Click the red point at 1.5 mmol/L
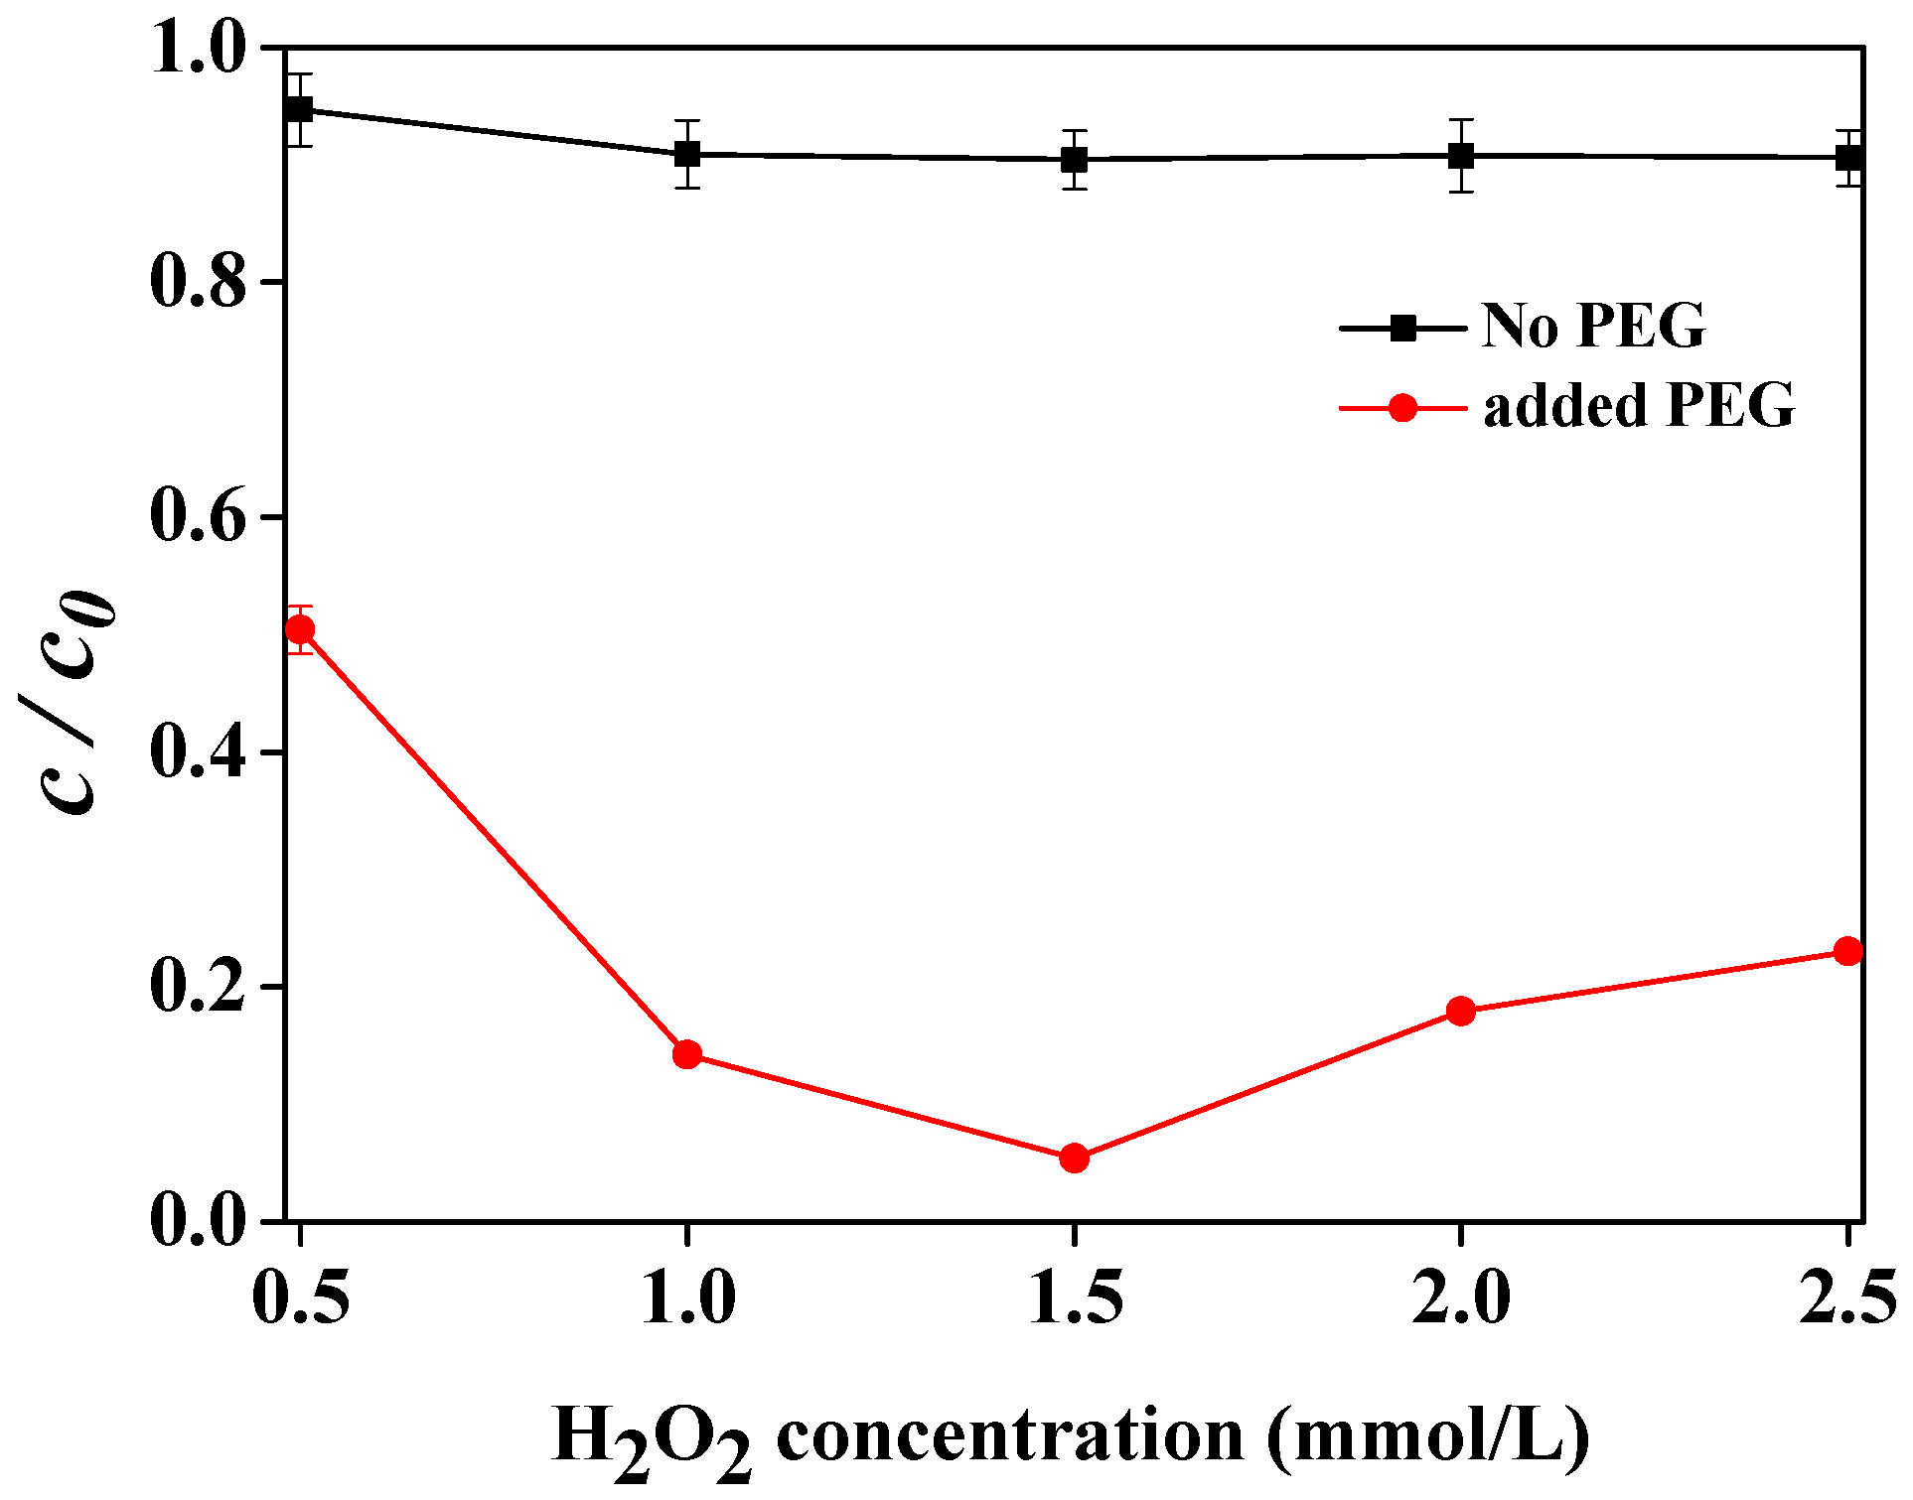coord(1074,1158)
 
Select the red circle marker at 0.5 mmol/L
coord(300,629)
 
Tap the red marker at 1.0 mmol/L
coord(687,1054)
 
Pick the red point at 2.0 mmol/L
coord(1460,1012)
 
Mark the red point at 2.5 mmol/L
coord(1847,951)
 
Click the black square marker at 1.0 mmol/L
coord(687,154)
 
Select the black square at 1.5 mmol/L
coord(1074,159)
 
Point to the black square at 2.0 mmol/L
coord(1460,155)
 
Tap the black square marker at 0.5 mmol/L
coord(300,109)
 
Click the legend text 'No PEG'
coord(1593,326)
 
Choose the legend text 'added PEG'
coord(1639,406)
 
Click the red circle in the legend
coord(1402,407)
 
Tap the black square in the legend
coord(1402,327)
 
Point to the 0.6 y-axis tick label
coord(198,517)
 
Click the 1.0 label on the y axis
coord(198,49)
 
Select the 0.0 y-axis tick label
coord(198,1221)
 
